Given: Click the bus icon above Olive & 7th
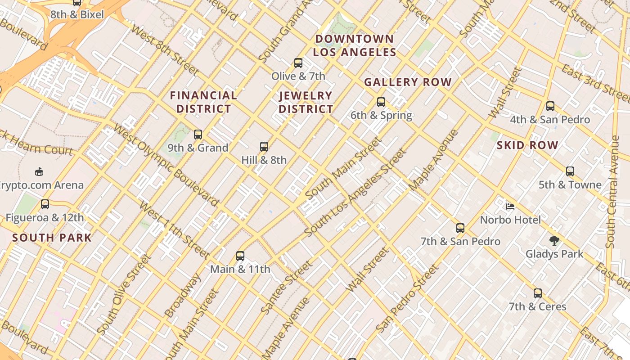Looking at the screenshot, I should (x=298, y=63).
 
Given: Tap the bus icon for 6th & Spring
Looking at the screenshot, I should (x=381, y=102).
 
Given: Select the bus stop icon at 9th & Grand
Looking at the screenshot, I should (x=198, y=134).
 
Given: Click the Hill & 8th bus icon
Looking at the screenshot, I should (x=264, y=146).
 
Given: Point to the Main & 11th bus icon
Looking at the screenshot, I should (x=240, y=256).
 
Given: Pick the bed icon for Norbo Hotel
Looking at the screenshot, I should (x=510, y=207).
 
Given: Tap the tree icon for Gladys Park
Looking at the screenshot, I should (x=554, y=241).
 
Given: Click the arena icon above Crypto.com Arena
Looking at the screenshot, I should (x=39, y=171).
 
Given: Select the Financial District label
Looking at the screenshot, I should (x=203, y=102).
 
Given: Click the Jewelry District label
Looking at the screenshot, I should (x=306, y=102).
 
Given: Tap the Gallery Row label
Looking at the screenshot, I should (x=408, y=82).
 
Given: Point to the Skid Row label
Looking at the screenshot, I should (x=527, y=145).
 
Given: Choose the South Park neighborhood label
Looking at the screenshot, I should (x=52, y=238).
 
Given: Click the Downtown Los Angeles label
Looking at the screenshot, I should (x=355, y=45).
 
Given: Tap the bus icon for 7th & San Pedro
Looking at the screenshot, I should (x=460, y=228).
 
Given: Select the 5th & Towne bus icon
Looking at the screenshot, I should (x=570, y=171).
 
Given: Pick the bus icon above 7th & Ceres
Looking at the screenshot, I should (x=537, y=293).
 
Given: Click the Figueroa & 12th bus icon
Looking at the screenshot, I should (x=45, y=204).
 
